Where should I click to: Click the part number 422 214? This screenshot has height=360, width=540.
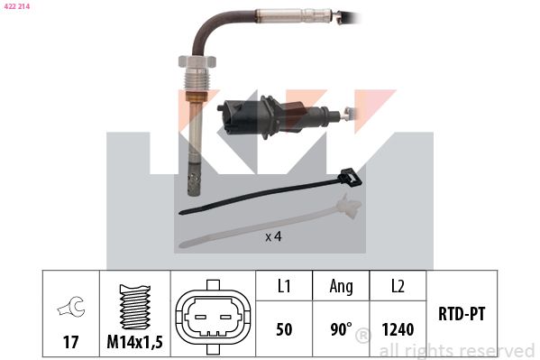coord(17,6)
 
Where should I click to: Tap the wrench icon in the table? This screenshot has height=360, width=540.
coord(71,306)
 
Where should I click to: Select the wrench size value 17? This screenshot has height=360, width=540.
coord(70,342)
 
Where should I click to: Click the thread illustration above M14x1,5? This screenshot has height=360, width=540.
coord(135,307)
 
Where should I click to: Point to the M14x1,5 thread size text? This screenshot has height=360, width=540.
coord(134,342)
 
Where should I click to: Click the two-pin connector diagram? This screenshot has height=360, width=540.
coord(213,318)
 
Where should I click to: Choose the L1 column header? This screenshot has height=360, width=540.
coord(284,286)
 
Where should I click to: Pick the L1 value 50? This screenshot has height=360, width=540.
coord(284,329)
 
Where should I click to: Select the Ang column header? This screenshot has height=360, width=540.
coord(342,287)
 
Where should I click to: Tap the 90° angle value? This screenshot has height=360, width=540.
coord(342,329)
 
